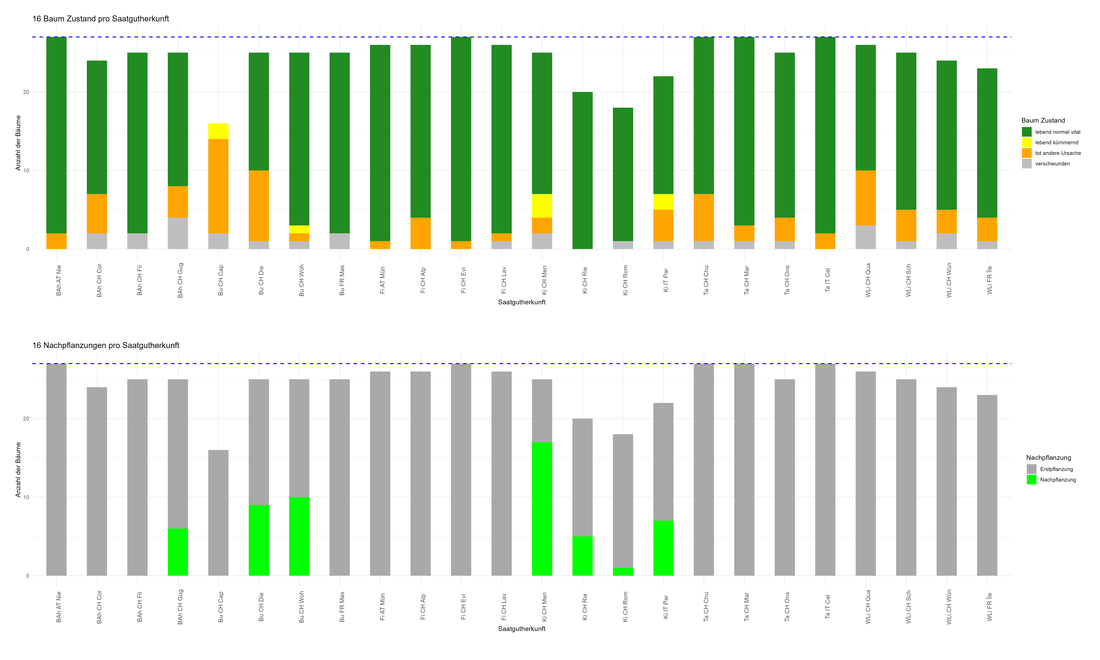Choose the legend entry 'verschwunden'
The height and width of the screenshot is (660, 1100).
1052,164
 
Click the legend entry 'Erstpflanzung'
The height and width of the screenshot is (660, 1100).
1056,469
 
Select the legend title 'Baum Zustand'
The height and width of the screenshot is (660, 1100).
1043,121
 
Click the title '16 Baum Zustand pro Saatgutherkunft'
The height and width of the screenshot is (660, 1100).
100,19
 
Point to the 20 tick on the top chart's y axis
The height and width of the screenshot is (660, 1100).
26,92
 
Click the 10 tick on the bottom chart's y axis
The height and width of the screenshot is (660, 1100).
26,497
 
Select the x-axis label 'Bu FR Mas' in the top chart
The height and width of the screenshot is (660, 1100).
342,280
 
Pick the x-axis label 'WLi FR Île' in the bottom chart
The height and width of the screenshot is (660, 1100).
989,607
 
